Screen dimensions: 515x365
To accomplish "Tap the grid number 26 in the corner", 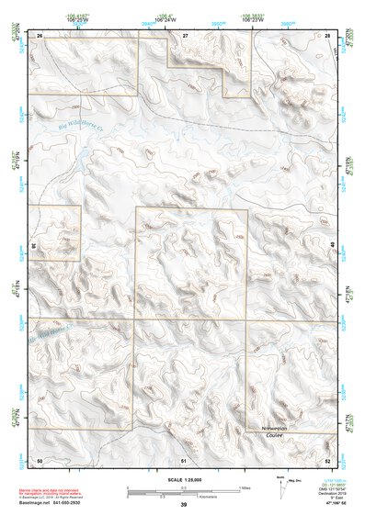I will pos(40,34).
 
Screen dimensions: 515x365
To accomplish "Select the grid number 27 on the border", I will pos(185,34).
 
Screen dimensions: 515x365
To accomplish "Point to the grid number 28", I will pos(327,34).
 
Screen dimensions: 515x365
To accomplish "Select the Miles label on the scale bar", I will pos(244,487).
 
